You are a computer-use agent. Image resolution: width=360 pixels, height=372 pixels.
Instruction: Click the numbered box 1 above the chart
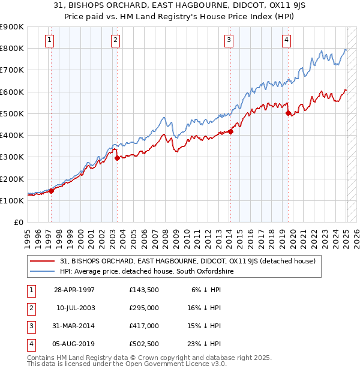point(49,40)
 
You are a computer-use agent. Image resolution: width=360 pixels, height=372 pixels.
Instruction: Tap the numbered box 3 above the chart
point(229,40)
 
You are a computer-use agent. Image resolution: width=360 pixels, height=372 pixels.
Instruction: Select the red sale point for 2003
point(117,158)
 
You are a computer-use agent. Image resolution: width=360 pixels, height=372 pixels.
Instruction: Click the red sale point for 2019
point(288,113)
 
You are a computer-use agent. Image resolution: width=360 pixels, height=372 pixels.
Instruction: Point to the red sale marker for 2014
point(230,131)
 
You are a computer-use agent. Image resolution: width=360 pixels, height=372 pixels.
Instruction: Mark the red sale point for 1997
point(52,191)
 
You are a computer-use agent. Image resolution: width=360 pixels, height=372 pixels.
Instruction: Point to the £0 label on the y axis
point(18,223)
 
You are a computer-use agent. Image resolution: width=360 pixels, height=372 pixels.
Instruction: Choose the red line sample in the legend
point(43,261)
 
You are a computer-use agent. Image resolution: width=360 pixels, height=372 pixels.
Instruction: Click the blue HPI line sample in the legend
point(43,272)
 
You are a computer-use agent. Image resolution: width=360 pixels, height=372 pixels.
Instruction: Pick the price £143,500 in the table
point(143,290)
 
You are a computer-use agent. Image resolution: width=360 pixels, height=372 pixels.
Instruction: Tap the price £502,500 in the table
point(143,344)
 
